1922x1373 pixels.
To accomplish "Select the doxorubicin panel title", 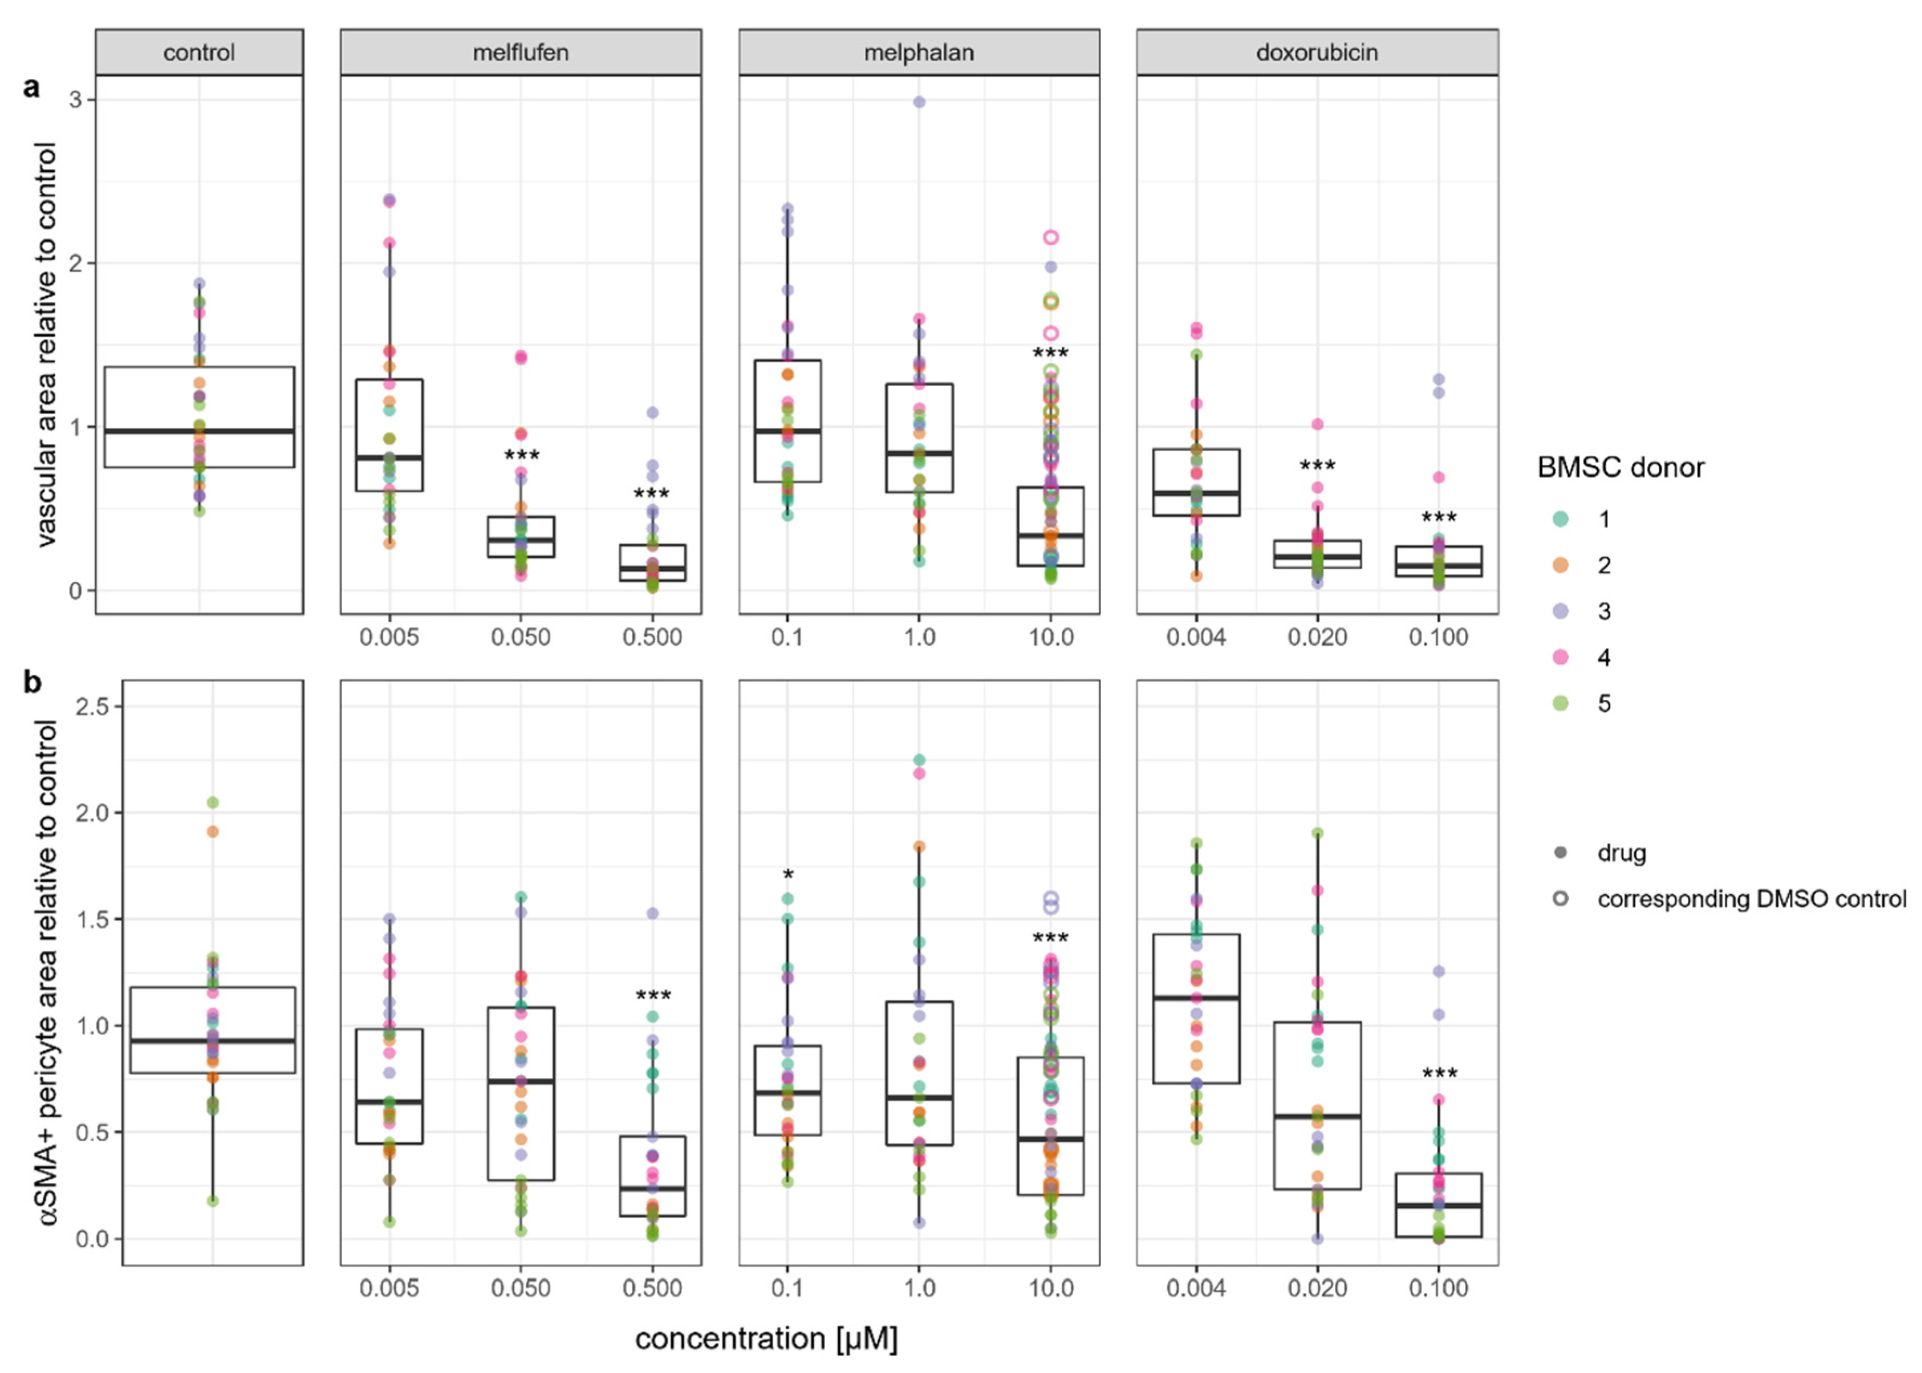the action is (x=1316, y=53).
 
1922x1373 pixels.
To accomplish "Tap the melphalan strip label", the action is (x=919, y=53).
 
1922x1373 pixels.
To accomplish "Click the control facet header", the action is (x=199, y=53).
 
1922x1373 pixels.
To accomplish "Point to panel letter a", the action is (x=31, y=87).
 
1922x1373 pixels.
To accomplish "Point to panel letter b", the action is (x=32, y=681).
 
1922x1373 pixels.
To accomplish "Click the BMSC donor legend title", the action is (x=1620, y=467).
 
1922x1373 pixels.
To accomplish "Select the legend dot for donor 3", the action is (x=1560, y=611).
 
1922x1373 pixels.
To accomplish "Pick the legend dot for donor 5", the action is (x=1560, y=704).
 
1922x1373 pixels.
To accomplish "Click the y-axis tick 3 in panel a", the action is (x=76, y=100).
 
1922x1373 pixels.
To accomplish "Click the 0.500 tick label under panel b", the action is (x=652, y=1289).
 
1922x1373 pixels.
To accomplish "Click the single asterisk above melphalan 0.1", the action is (x=788, y=876).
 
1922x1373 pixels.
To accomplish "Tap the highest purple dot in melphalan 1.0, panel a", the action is (x=919, y=102).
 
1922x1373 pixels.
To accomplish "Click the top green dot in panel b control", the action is (x=213, y=802).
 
